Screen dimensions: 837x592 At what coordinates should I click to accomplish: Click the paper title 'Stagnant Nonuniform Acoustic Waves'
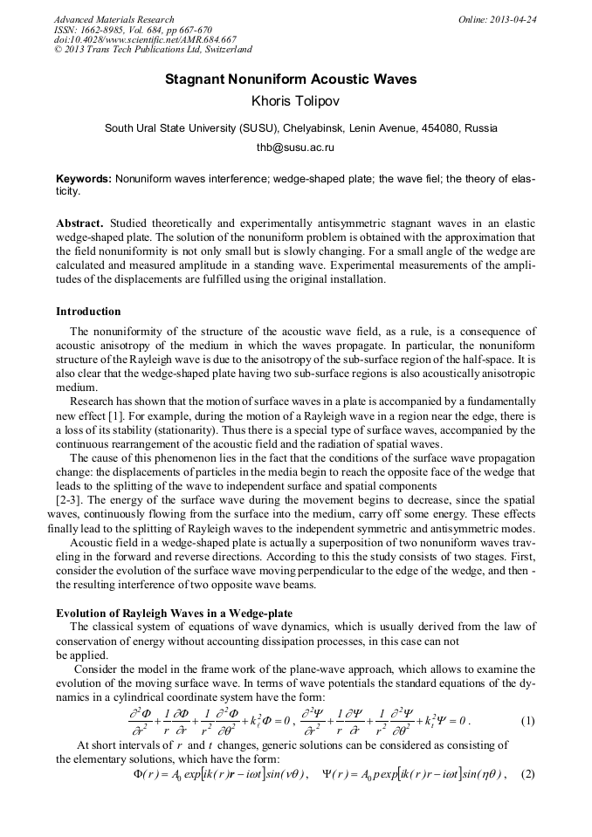(x=291, y=80)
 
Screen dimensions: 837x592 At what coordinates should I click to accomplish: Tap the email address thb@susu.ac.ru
(x=295, y=148)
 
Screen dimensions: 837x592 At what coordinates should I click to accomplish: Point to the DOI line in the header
(x=145, y=40)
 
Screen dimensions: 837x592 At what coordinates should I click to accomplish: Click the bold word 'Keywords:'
(x=83, y=178)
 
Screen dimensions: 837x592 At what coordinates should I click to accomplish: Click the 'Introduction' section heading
(x=88, y=312)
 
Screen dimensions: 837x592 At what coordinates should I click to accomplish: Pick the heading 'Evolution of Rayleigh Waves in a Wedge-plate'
(x=174, y=613)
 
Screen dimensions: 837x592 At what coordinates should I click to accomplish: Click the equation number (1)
(x=527, y=721)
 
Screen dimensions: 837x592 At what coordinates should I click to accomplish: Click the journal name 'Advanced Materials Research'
(x=114, y=19)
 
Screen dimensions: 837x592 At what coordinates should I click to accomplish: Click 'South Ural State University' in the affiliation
(x=170, y=128)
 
